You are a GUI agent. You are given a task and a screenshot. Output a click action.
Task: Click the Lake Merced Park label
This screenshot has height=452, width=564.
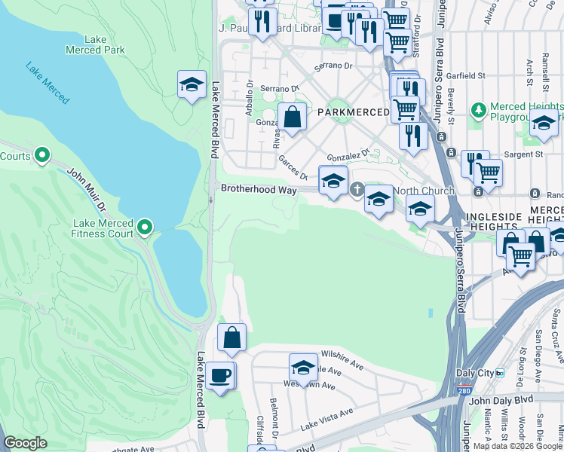(105, 44)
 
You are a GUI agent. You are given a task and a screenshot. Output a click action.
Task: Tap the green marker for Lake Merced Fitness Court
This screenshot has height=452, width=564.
(146, 226)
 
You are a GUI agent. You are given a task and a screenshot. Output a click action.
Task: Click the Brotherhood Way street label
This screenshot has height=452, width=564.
(258, 190)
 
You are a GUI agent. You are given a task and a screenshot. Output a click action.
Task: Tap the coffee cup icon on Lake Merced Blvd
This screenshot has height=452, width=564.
(220, 375)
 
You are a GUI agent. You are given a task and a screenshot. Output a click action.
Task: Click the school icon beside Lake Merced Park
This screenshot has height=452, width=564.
(192, 84)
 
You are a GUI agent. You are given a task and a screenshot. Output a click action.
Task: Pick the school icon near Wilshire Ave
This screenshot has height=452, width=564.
(303, 368)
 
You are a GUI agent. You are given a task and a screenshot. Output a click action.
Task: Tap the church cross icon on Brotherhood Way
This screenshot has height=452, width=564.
(357, 189)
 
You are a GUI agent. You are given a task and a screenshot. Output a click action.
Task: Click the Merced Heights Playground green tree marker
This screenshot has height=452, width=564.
(477, 111)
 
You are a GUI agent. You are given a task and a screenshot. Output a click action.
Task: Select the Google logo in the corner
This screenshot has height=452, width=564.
(25, 443)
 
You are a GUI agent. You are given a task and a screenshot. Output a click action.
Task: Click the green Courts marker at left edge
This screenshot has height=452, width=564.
(42, 156)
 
